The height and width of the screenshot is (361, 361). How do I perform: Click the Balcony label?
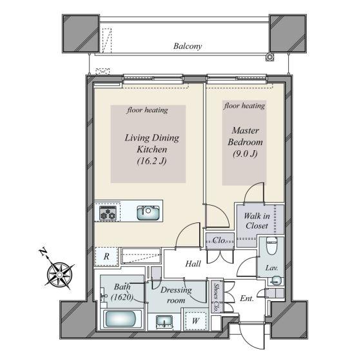click(x=188, y=46)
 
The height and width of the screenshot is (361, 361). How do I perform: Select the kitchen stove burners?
click(x=108, y=213)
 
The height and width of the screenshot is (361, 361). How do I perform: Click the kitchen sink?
click(x=148, y=213)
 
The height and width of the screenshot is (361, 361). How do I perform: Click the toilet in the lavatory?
click(x=271, y=246)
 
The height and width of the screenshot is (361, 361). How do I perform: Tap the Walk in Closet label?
click(x=257, y=220)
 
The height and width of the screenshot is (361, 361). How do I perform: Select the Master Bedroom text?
click(x=245, y=136)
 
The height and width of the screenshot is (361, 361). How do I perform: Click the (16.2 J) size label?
click(x=151, y=161)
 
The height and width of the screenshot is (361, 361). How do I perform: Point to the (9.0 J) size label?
click(x=245, y=153)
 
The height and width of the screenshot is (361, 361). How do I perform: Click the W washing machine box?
click(x=195, y=321)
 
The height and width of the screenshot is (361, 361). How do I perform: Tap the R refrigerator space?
click(x=106, y=257)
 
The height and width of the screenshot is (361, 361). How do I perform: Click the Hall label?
click(x=193, y=264)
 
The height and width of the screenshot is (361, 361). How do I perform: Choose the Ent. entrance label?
click(x=246, y=298)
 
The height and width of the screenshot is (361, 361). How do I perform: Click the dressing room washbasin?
click(x=164, y=322)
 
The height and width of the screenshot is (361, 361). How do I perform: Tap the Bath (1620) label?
click(x=122, y=292)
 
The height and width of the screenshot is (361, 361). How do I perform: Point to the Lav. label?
click(x=271, y=268)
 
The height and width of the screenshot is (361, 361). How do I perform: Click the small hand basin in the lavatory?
click(x=275, y=280)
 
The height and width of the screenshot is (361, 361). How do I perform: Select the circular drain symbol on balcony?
click(x=269, y=57)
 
